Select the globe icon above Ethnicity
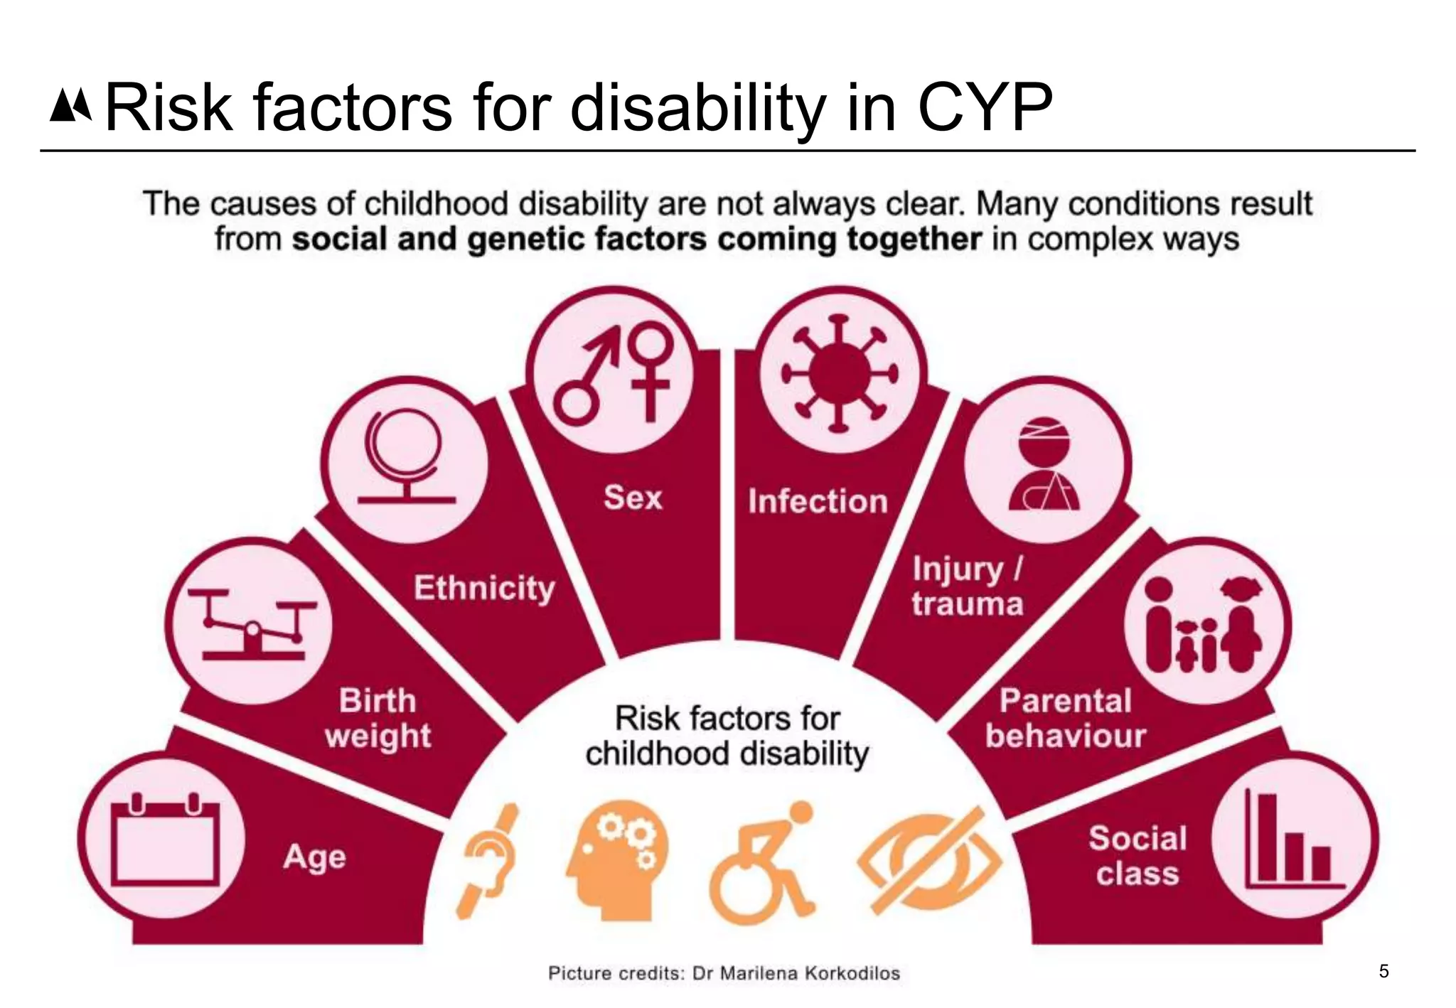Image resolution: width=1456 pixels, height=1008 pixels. [405, 459]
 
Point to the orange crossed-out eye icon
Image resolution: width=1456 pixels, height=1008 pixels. [928, 862]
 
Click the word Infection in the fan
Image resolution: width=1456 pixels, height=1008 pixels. [818, 501]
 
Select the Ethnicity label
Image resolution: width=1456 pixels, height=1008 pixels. [484, 588]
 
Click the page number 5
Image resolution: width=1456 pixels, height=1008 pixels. [1383, 971]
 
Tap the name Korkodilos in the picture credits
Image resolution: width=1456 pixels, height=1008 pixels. [852, 973]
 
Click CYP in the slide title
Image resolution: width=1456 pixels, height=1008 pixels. [984, 108]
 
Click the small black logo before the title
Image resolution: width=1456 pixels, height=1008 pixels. [70, 106]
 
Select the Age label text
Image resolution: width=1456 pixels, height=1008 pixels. [314, 857]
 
